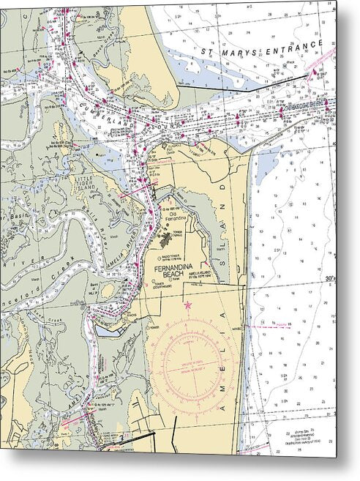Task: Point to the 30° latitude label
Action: click(x=331, y=278)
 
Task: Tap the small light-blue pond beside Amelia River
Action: click(x=110, y=330)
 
